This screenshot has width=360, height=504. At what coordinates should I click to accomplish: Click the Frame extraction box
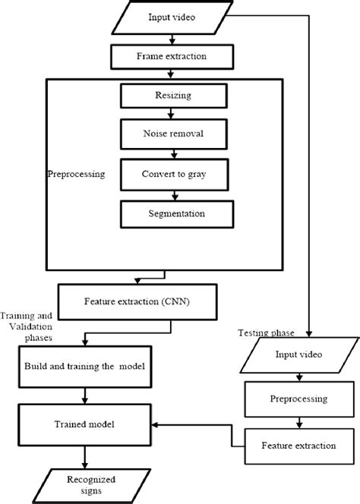(x=172, y=57)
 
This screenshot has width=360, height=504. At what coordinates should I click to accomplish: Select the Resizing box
(x=174, y=96)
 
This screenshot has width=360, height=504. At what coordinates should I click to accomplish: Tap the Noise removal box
(x=174, y=134)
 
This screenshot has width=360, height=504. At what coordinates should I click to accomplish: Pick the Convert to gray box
(x=175, y=175)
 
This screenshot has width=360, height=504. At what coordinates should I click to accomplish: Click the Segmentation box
(x=177, y=214)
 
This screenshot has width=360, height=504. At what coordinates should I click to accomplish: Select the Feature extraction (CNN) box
(x=137, y=302)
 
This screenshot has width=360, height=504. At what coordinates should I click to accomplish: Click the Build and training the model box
(x=85, y=367)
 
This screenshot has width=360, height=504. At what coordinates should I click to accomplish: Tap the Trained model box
(x=84, y=424)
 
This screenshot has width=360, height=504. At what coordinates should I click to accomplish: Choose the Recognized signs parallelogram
(x=91, y=486)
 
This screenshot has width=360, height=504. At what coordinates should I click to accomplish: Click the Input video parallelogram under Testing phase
(x=299, y=355)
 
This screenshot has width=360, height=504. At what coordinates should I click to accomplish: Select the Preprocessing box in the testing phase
(x=299, y=399)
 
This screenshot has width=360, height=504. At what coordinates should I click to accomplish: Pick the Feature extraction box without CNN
(x=299, y=446)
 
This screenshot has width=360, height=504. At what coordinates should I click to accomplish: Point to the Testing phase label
(x=266, y=333)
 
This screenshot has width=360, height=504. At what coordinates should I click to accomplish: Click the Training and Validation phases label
(x=27, y=327)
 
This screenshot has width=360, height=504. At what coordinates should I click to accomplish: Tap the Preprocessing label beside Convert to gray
(x=76, y=175)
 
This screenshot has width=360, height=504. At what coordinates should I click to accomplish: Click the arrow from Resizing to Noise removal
(x=171, y=113)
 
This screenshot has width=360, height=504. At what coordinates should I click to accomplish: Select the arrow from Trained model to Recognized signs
(x=84, y=457)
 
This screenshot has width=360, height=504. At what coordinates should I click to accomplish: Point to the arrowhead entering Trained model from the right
(x=154, y=425)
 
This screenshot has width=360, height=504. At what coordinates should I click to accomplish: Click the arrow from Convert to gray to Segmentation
(x=175, y=195)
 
